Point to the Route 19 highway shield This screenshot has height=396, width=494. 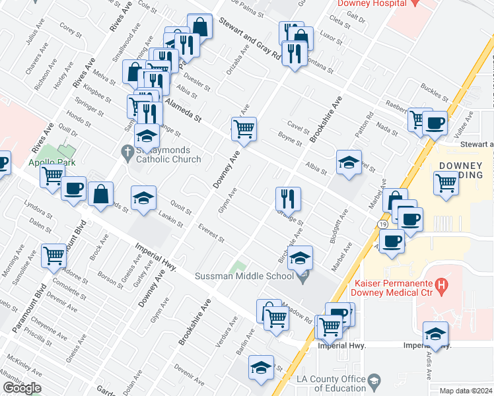pyautogui.click(x=383, y=225)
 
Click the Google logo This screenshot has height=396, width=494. pyautogui.click(x=22, y=388)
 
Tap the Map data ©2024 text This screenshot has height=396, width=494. pyautogui.click(x=466, y=391)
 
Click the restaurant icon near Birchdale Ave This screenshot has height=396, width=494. pyautogui.click(x=288, y=197)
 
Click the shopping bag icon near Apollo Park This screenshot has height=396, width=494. pyautogui.click(x=100, y=194)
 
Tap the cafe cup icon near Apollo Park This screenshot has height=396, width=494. pyautogui.click(x=73, y=187)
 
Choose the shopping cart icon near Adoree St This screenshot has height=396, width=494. pyautogui.click(x=53, y=255)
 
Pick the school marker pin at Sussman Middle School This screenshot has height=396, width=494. pyautogui.click(x=304, y=277)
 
